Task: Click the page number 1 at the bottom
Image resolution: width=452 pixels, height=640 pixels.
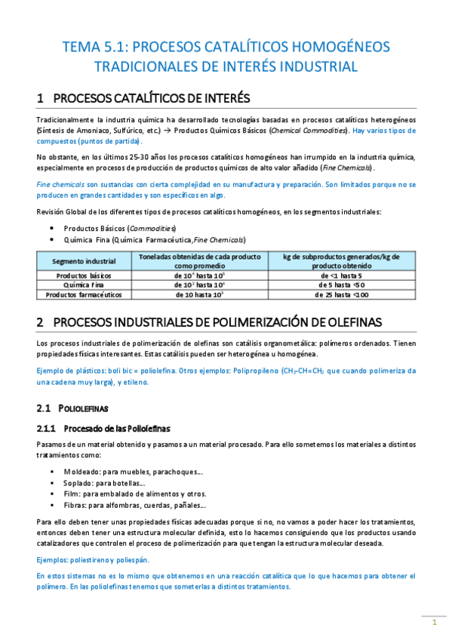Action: coord(434,622)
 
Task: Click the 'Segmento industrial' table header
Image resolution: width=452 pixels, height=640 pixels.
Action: coord(84,261)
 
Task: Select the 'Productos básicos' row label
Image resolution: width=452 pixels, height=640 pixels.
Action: coord(84,276)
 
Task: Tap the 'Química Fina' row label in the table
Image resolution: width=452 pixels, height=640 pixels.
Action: coord(84,285)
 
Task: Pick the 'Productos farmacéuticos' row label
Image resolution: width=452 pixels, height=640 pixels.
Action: coord(84,295)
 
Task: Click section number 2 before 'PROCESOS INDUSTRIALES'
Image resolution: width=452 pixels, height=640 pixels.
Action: coord(41,322)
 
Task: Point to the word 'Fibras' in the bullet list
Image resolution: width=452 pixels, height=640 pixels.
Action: coord(75,505)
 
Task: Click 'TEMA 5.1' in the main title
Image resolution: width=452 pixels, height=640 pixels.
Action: coord(91,47)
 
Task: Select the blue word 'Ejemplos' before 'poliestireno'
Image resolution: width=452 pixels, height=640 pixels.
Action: coord(54,559)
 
